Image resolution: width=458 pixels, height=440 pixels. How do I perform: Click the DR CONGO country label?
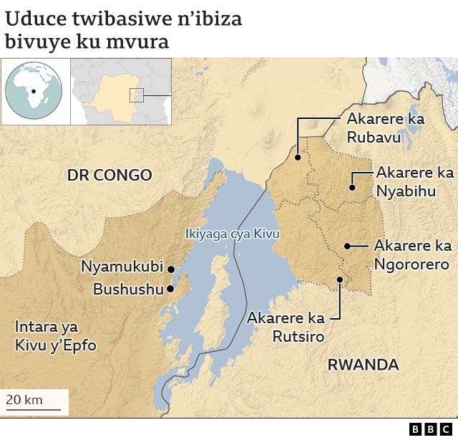pos(109,175)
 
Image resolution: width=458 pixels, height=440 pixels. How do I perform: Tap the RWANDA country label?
pos(363,365)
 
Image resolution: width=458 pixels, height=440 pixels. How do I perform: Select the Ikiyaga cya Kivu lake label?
pos(232,234)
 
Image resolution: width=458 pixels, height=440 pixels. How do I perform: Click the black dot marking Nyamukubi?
pos(171,269)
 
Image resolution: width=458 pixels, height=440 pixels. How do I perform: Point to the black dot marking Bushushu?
pos(170,289)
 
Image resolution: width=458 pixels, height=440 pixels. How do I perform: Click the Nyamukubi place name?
pos(122,267)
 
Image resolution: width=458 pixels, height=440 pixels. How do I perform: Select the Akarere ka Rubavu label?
pos(385,127)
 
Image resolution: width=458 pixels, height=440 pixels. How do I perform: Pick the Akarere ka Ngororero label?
pos(412,255)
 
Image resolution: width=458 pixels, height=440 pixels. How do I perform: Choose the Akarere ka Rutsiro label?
pos(286,327)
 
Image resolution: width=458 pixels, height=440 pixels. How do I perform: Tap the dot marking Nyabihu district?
pos(352,188)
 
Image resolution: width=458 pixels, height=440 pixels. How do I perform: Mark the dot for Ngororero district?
pos(347,246)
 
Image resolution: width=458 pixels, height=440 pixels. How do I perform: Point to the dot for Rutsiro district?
pos(339,280)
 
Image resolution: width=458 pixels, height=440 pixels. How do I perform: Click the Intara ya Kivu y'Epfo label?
pos(55,336)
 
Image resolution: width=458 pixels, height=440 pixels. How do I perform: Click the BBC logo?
pos(432,429)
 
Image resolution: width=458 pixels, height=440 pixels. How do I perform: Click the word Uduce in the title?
pos(36,19)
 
